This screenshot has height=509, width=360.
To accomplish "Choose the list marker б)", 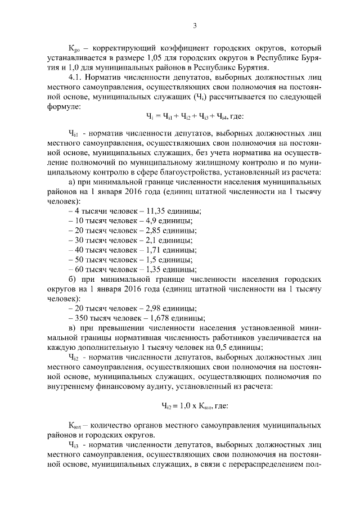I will pos(71,279).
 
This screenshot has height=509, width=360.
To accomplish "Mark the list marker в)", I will pos(71,328).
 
